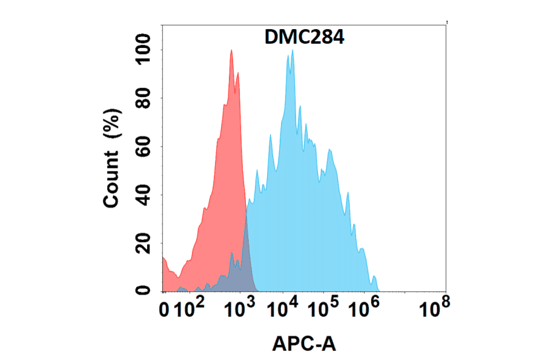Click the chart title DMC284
click(x=305, y=38)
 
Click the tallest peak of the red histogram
click(x=231, y=51)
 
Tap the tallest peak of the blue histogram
click(x=292, y=51)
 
